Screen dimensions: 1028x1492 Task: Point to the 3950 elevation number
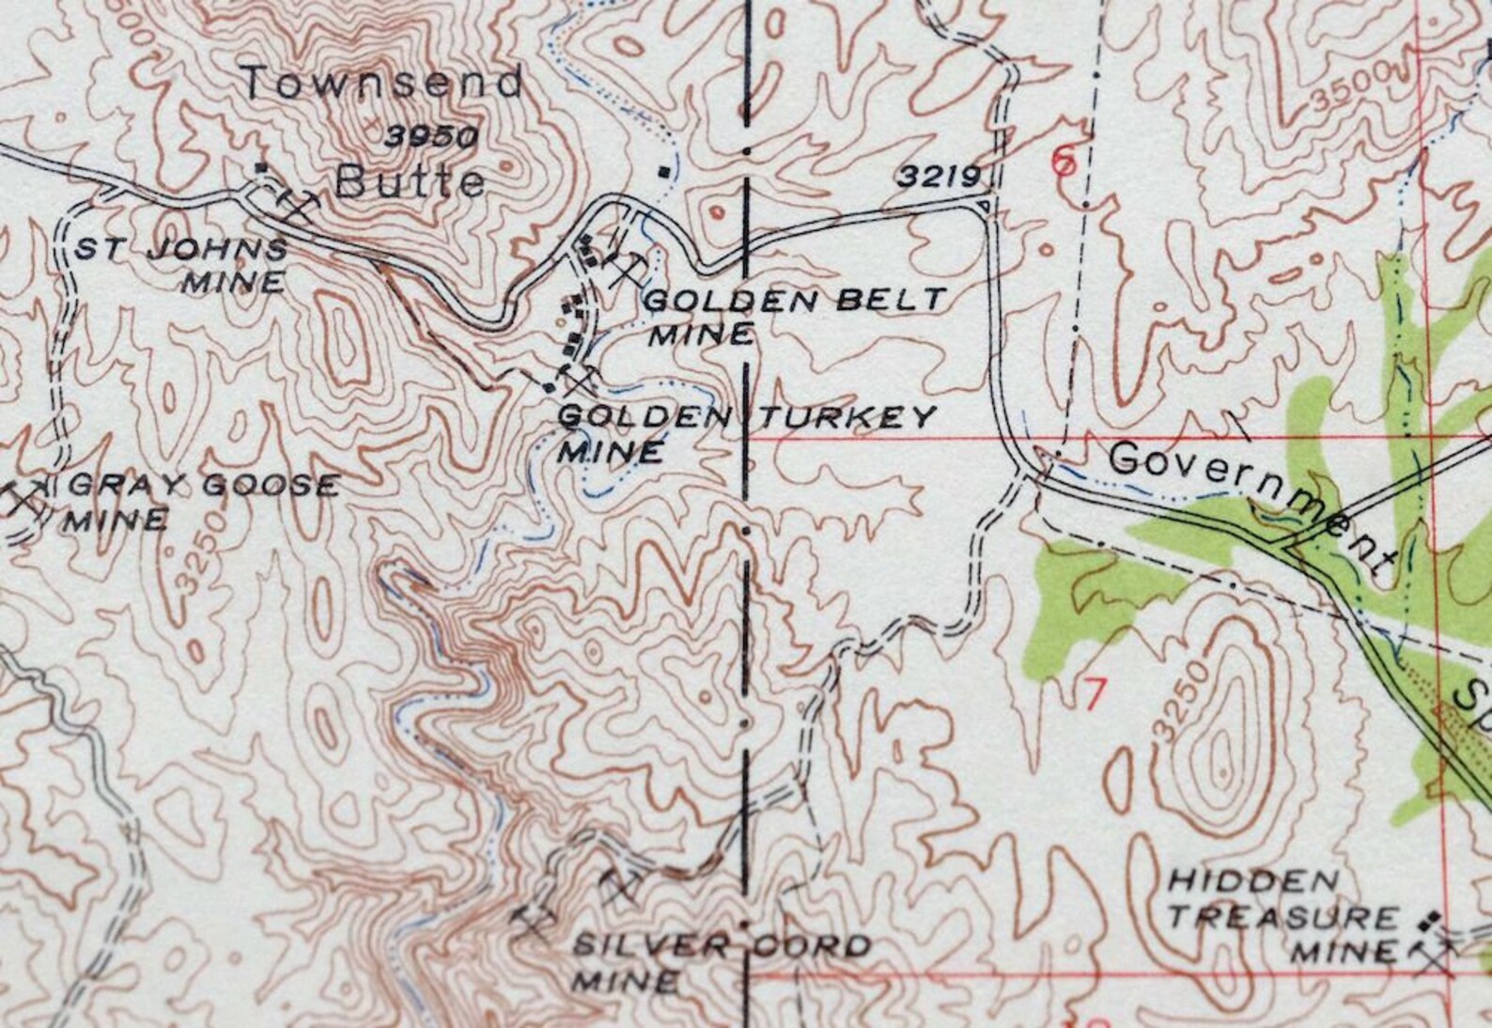coord(431,136)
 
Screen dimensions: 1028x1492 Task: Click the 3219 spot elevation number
coord(939,176)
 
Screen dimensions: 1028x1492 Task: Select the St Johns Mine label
coord(181,265)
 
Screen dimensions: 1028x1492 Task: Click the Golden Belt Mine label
coord(795,316)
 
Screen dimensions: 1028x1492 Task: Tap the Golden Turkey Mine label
coord(746,431)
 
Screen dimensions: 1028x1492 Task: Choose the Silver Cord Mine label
coord(720,962)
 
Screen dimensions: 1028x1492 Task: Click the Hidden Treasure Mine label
coord(1284,915)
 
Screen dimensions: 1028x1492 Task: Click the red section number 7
coord(1093,694)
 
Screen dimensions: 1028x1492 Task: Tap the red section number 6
coord(1063,162)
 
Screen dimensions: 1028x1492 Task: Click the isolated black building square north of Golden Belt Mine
coord(665,171)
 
